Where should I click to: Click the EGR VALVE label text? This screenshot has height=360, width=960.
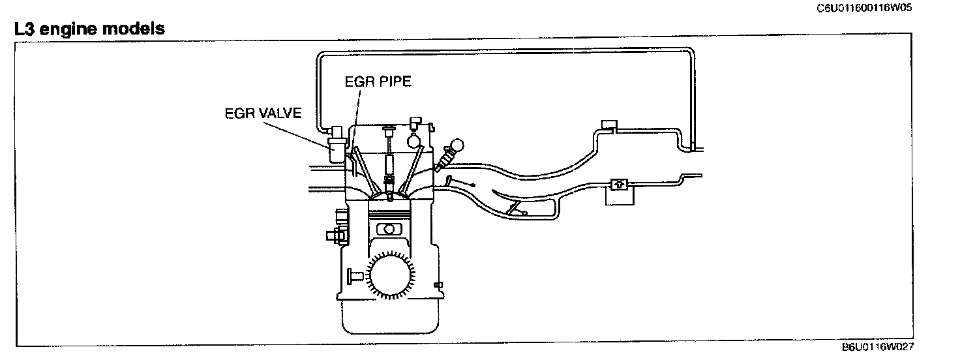click(263, 113)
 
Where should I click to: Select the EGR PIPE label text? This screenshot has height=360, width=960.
click(379, 82)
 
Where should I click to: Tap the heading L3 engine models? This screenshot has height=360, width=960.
click(84, 29)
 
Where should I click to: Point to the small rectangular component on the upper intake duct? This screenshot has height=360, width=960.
click(608, 125)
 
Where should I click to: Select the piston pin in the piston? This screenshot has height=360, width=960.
click(389, 228)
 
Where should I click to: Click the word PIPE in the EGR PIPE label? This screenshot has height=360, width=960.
click(395, 82)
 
